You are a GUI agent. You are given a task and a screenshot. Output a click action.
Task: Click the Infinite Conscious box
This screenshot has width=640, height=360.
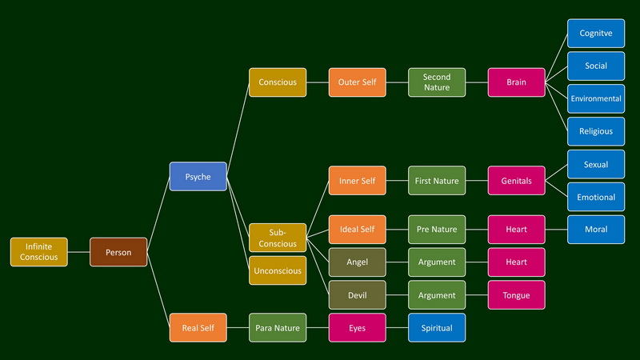click(38, 252)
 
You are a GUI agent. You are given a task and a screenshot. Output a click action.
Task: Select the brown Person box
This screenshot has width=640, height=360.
click(118, 252)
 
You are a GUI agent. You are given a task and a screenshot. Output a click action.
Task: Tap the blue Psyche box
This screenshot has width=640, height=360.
click(198, 177)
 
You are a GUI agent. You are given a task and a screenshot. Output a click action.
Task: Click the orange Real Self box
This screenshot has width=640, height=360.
click(198, 328)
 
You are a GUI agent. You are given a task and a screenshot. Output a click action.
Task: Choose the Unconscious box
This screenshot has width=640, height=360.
click(278, 270)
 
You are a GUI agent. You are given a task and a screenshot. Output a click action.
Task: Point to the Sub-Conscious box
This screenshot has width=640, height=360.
click(278, 238)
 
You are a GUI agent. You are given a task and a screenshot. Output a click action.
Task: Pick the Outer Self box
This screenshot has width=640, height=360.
click(357, 82)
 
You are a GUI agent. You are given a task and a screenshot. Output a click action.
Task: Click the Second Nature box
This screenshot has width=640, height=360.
click(437, 82)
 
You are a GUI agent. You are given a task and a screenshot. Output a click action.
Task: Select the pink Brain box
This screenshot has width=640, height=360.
click(516, 82)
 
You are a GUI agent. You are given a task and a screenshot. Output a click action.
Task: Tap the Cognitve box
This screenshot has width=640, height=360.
click(596, 34)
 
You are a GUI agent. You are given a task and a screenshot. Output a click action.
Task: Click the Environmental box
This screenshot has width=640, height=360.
click(596, 99)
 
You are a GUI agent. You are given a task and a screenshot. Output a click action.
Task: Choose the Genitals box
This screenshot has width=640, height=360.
click(516, 181)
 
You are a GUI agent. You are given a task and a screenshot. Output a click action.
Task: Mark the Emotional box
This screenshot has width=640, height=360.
click(596, 197)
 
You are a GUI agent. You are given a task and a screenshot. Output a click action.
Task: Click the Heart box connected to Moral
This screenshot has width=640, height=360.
click(516, 230)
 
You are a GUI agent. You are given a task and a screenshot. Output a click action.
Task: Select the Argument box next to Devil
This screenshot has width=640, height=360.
click(437, 295)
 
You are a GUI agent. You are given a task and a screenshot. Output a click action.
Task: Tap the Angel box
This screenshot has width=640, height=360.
click(357, 262)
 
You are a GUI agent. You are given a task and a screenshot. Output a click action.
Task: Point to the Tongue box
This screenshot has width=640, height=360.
click(516, 295)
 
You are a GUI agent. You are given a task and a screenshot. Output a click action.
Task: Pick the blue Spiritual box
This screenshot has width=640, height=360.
click(437, 328)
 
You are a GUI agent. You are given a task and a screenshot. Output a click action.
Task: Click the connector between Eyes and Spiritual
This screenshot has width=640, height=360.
click(397, 328)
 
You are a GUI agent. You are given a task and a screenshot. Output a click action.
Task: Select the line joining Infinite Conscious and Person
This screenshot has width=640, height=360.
click(78, 252)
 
